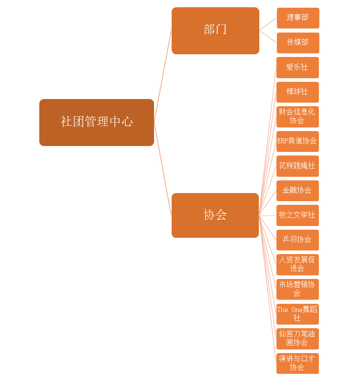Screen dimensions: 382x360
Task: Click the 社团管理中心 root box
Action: pos(97,122)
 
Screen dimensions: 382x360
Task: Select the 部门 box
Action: pos(215,30)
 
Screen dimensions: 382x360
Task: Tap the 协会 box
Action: pos(215,215)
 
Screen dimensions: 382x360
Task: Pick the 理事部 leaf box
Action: pos(298,18)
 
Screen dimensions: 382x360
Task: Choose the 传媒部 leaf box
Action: pos(298,42)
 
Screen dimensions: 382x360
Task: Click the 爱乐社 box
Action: pos(297,67)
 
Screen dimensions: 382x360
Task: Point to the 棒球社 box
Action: pos(297,92)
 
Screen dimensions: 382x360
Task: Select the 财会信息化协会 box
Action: pos(297,117)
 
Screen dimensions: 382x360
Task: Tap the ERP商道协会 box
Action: pos(297,141)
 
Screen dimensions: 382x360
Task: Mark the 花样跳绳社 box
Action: pos(297,166)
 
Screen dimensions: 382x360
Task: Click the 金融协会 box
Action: pos(297,190)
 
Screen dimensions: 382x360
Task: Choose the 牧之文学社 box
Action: pos(297,215)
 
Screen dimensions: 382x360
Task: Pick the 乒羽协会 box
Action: pos(297,240)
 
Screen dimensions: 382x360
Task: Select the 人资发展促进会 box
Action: pos(297,264)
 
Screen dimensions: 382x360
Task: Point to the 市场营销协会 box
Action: pos(297,289)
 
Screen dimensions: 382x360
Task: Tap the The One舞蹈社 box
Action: pos(297,314)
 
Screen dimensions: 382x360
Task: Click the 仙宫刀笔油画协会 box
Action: pos(297,339)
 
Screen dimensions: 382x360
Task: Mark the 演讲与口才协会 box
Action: pos(297,363)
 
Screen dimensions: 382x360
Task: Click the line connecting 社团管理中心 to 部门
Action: pos(163,76)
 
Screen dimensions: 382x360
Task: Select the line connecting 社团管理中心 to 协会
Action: pos(163,169)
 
